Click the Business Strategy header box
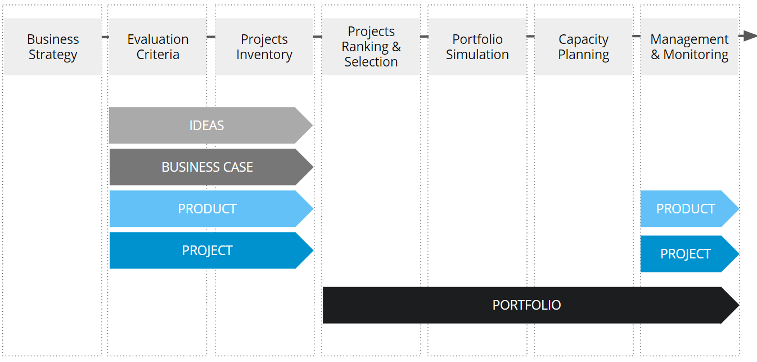[53, 47]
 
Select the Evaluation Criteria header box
[157, 47]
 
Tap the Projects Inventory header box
[264, 47]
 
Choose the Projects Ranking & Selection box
[371, 47]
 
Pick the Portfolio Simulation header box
[477, 47]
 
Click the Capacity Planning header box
[583, 47]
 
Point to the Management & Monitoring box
[690, 47]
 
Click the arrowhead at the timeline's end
[749, 36]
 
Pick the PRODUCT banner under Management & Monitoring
[686, 209]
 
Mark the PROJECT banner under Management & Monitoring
[686, 254]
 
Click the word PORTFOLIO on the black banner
[526, 305]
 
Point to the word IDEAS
[206, 126]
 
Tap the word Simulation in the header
[477, 55]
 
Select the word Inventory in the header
[264, 55]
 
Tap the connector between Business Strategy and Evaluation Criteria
[105, 37]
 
